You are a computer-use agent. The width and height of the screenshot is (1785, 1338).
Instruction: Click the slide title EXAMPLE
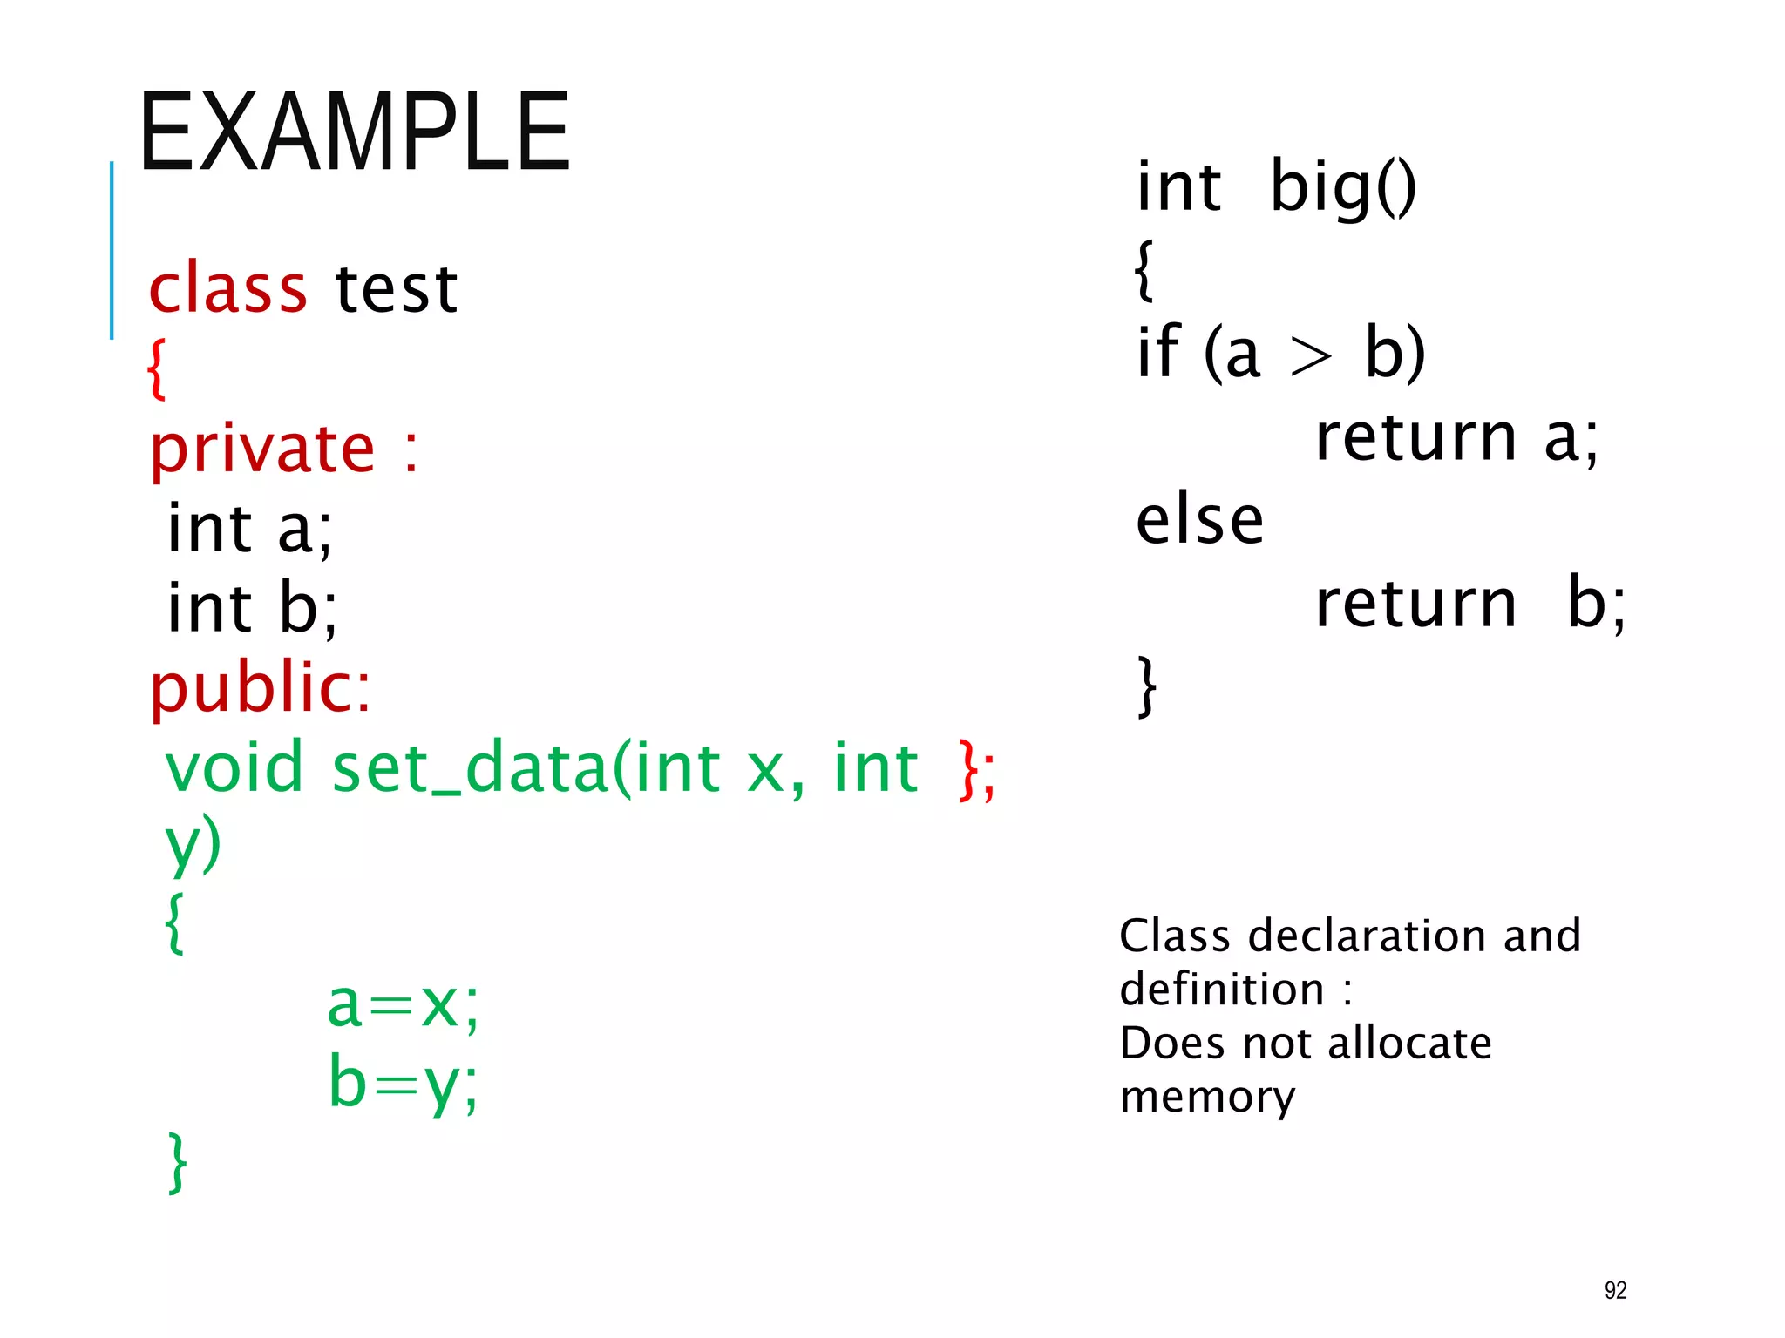pyautogui.click(x=354, y=132)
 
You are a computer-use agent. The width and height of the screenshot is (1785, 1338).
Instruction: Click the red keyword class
pyautogui.click(x=227, y=289)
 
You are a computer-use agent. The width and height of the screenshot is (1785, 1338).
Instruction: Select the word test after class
pyautogui.click(x=397, y=289)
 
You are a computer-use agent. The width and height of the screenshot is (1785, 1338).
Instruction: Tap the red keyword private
pyautogui.click(x=262, y=449)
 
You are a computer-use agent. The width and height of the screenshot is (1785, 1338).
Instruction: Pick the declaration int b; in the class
pyautogui.click(x=252, y=608)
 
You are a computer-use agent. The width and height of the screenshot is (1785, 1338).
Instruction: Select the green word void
pyautogui.click(x=234, y=767)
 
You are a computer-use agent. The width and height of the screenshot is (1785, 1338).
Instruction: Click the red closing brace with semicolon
pyautogui.click(x=976, y=769)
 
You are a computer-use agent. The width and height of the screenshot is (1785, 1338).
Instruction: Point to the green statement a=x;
pyautogui.click(x=403, y=1004)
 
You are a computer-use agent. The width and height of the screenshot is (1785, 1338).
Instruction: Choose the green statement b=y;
pyautogui.click(x=403, y=1083)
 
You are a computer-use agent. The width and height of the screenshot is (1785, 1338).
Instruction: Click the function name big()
pyautogui.click(x=1342, y=187)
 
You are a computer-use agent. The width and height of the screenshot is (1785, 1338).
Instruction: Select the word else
pyautogui.click(x=1199, y=520)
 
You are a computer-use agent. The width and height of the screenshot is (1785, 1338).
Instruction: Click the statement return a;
pyautogui.click(x=1456, y=437)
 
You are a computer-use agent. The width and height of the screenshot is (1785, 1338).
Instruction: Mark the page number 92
pyautogui.click(x=1615, y=1290)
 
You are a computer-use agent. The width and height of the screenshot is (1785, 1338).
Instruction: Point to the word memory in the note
pyautogui.click(x=1207, y=1097)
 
